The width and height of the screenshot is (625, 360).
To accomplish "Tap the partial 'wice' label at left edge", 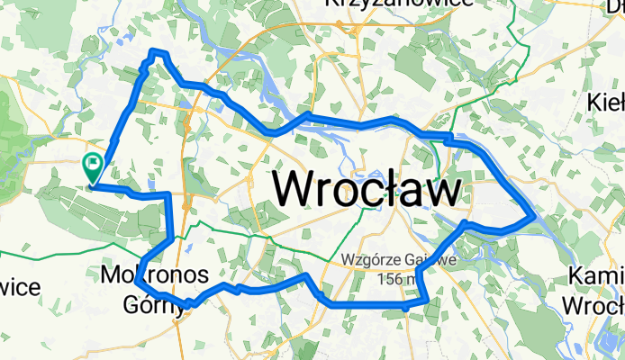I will (x=18, y=288).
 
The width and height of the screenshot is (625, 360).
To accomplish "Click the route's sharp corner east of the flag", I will (x=168, y=194).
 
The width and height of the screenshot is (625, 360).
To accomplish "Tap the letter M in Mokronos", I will (x=113, y=273).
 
